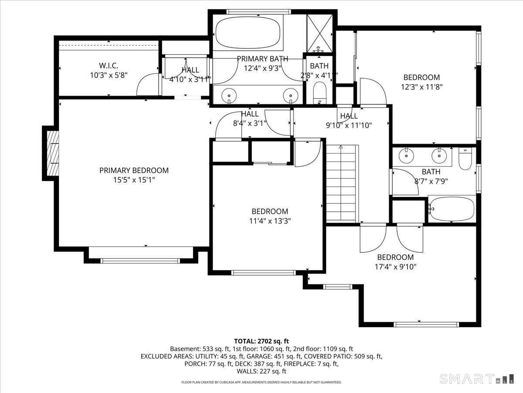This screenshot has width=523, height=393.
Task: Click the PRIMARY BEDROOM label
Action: coord(134,170)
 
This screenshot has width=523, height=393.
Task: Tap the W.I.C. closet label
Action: coord(109,65)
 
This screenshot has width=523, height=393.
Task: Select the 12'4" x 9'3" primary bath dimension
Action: coord(262,69)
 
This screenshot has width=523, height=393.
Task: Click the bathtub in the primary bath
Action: coord(248,33)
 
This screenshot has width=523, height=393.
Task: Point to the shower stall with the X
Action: coord(319,34)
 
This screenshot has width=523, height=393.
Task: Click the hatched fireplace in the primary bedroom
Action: coord(53,153)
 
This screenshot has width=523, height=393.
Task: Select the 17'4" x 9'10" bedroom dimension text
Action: coord(396,267)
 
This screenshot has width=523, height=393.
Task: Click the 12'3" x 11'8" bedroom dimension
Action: coord(421,87)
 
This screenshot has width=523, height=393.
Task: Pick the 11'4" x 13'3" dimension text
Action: coord(270,221)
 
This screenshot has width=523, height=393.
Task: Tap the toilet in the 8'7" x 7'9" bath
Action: coord(465,159)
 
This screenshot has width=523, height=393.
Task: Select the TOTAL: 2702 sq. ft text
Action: coord(261,341)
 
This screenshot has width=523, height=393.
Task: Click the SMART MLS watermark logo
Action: coord(476,379)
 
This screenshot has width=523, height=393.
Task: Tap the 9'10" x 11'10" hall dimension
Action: coord(349,125)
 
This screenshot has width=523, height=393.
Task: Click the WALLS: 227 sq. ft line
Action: coord(261,371)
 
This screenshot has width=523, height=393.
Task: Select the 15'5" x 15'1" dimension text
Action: coord(134,180)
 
